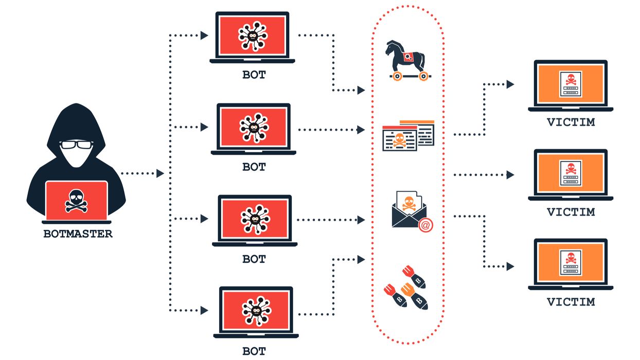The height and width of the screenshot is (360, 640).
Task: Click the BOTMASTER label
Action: (78, 234)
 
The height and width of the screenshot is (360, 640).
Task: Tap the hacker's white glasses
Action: (76, 145)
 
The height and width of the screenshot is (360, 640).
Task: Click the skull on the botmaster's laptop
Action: (76, 201)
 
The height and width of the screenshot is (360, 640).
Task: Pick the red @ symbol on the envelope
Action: (425, 225)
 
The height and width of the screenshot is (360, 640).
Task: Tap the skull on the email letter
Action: (409, 203)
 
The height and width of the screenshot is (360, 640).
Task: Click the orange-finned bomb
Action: (414, 296)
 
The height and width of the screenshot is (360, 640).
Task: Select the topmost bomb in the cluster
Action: (414, 277)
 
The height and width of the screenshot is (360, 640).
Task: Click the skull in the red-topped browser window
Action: (399, 140)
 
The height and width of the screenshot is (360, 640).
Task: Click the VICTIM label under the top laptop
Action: (571, 122)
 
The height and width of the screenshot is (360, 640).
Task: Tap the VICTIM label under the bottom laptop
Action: (571, 302)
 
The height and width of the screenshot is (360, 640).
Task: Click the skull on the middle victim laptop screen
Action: (571, 169)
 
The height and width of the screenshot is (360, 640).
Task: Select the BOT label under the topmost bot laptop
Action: (254, 75)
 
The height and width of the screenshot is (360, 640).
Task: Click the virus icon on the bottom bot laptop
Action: (256, 311)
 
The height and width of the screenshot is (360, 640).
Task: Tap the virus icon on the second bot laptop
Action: (254, 128)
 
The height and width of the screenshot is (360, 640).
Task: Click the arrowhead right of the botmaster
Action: (160, 173)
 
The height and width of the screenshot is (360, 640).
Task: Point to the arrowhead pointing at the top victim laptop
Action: (510, 84)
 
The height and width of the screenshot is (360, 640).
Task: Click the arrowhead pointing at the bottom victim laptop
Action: (510, 266)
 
